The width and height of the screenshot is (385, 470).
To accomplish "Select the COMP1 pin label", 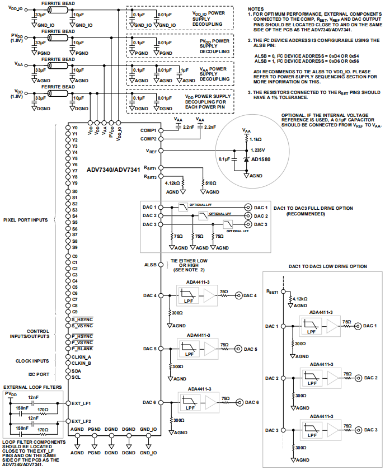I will [x=148, y=130].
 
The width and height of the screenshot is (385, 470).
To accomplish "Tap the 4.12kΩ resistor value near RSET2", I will [x=173, y=182].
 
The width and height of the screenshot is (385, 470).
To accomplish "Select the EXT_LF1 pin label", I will [x=81, y=403].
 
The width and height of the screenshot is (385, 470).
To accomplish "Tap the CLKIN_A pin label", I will [x=81, y=356].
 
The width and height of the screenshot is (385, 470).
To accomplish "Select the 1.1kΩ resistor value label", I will [x=255, y=138].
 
